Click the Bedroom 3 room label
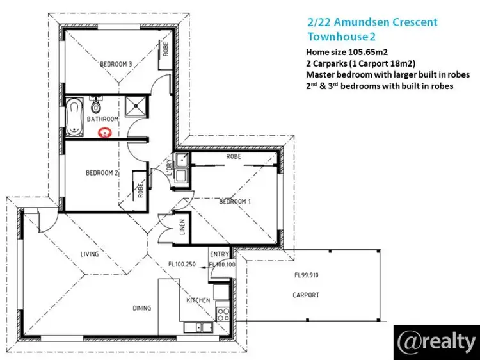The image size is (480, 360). click(116, 64)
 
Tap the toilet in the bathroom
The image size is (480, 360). click(96, 105)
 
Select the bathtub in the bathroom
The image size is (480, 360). click(74, 117)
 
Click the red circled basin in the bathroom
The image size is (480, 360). click(104, 133)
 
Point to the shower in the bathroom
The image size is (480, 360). click(135, 106)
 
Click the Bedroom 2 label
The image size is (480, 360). click(102, 173)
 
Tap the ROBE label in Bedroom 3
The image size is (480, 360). click(166, 49)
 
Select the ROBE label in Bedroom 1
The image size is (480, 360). click(234, 156)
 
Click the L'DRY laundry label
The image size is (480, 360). click(169, 167)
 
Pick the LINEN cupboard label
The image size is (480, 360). click(182, 227)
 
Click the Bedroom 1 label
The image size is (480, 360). click(235, 202)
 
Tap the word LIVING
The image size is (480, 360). click(90, 254)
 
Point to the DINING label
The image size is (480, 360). click(141, 308)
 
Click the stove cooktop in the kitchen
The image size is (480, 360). click(223, 315)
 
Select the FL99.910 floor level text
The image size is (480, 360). click(307, 275)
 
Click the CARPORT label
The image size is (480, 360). click(306, 295)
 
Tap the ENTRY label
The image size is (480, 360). click(220, 254)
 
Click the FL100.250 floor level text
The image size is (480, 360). click(182, 265)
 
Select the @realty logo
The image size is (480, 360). click(436, 343)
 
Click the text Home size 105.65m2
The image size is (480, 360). click(347, 52)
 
